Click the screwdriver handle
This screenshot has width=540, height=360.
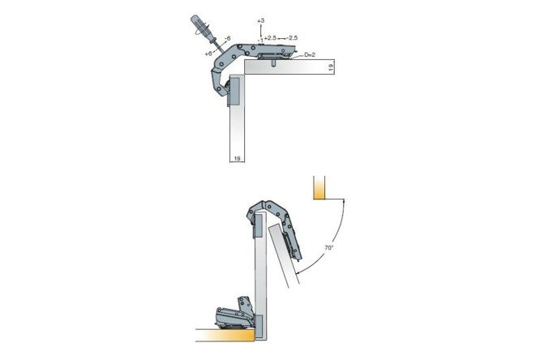(199, 26)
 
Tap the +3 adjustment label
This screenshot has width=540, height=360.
(261, 20)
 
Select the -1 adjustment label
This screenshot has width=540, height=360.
(260, 41)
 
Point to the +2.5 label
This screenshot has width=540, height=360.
(270, 38)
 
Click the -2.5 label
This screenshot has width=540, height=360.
(292, 38)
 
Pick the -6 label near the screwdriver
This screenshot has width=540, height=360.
(227, 39)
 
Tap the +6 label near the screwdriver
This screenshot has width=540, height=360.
(208, 54)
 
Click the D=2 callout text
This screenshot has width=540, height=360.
(310, 55)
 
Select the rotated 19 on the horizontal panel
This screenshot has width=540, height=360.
(331, 67)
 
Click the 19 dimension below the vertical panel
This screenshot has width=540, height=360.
(237, 158)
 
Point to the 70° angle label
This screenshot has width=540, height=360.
(329, 247)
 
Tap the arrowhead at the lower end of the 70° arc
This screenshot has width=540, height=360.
(297, 272)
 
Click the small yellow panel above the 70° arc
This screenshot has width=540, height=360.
(319, 188)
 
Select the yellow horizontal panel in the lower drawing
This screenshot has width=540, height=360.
(225, 335)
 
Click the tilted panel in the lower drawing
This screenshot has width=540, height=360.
(285, 255)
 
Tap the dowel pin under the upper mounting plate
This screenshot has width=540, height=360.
(273, 62)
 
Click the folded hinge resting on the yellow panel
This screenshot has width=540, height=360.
(236, 313)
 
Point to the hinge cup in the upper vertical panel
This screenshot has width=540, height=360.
(234, 91)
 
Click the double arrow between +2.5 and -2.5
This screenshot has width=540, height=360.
(281, 38)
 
